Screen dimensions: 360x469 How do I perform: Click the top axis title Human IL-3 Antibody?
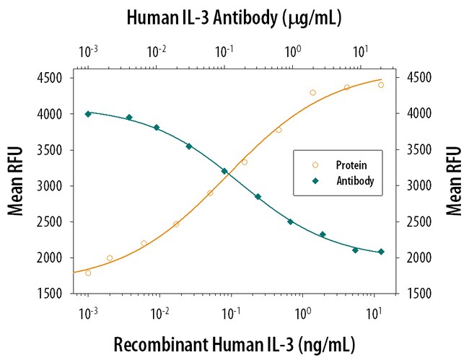click(234, 16)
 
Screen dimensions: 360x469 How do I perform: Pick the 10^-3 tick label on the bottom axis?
click(87, 312)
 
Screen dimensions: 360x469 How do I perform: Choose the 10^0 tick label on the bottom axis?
click(302, 312)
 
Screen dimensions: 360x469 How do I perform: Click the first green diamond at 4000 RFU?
click(88, 114)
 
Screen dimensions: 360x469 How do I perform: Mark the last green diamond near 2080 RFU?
click(381, 252)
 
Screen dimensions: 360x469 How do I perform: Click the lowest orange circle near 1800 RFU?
click(88, 273)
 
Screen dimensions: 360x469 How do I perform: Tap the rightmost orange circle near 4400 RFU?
click(381, 85)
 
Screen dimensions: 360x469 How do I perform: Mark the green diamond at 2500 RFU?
click(290, 221)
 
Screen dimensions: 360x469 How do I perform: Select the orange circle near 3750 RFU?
click(279, 130)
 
